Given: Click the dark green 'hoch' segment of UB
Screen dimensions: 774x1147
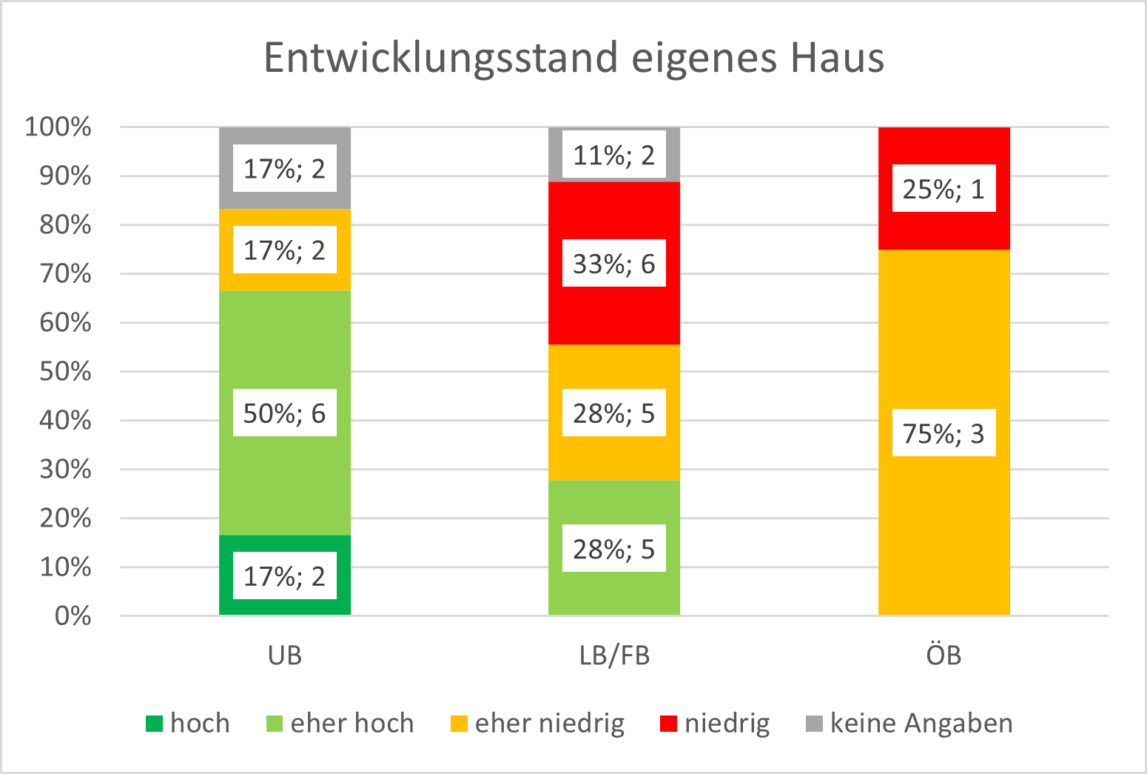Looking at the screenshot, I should point(226,575).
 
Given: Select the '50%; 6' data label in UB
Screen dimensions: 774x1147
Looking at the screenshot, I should point(284,413).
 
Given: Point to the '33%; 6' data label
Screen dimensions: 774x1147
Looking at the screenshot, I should point(614,264).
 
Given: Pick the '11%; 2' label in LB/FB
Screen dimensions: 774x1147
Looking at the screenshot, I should point(614,156).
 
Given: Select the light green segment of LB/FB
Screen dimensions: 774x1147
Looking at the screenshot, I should point(614,504).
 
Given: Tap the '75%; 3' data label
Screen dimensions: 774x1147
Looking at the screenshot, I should point(943,433).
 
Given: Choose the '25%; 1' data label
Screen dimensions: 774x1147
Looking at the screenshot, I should point(943,190).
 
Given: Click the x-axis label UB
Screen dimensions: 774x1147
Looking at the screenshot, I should point(285,655).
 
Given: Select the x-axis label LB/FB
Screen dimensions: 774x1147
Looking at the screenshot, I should point(614,655).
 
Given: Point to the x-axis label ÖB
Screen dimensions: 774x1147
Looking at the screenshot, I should point(943,655).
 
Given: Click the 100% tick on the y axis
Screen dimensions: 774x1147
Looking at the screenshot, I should point(58,127).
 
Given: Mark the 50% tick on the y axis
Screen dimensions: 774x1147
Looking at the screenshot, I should point(65,371).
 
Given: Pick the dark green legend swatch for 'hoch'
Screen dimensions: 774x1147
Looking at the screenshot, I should point(154,724).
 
